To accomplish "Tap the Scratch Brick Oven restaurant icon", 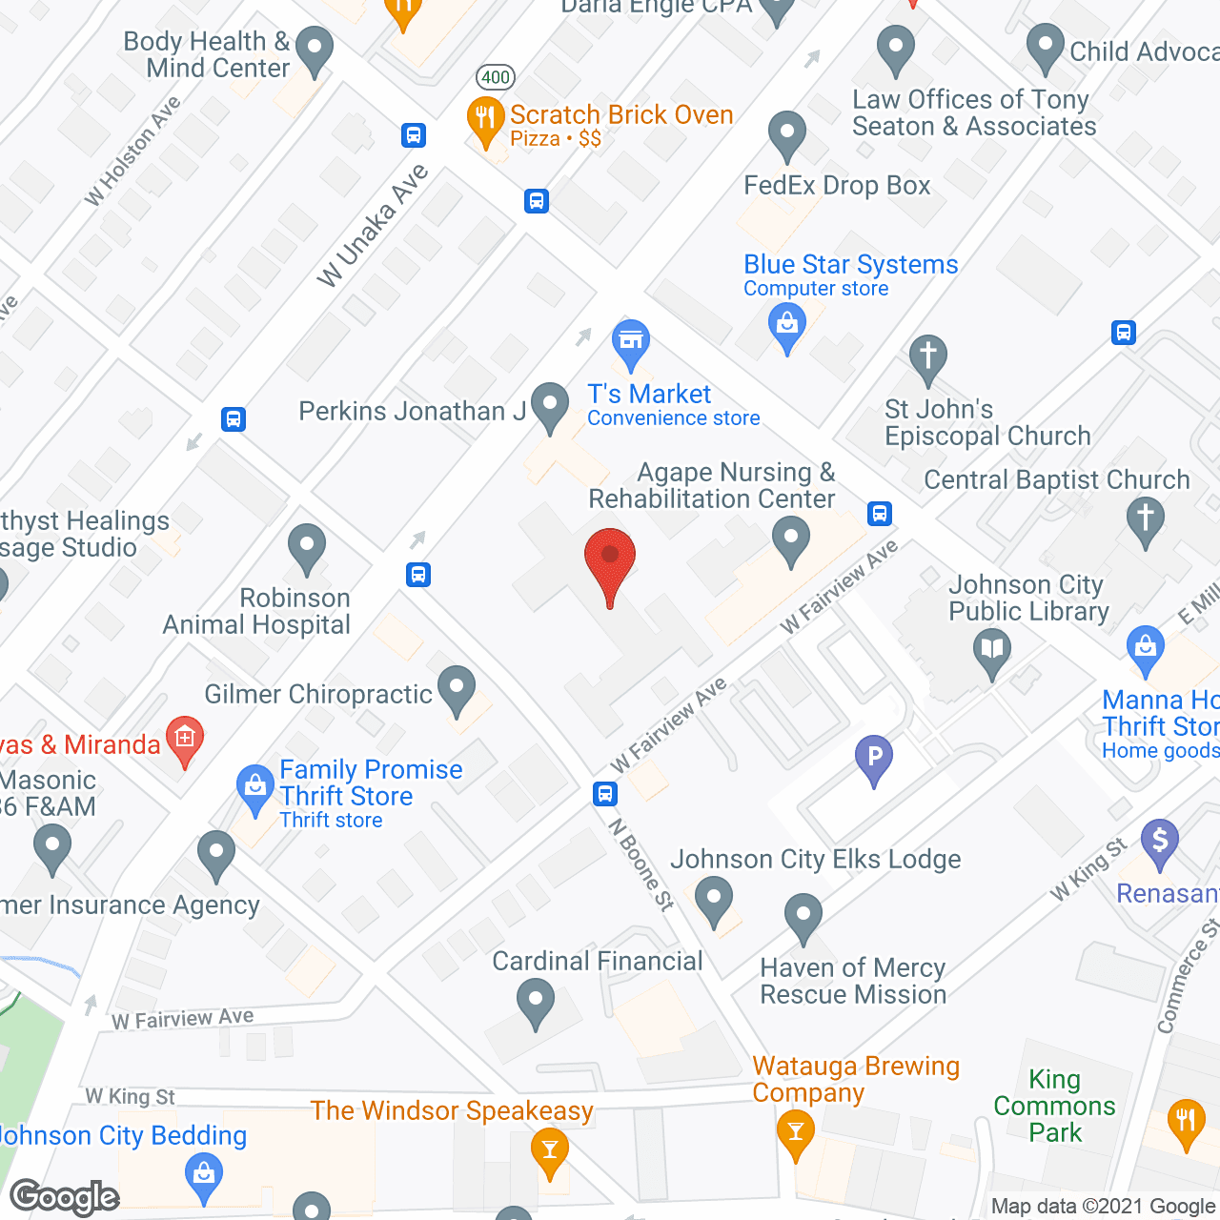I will [486, 119].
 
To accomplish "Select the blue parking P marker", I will [874, 759].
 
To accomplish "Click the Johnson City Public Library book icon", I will [992, 652].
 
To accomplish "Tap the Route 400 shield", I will [496, 77].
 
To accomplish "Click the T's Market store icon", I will [630, 341].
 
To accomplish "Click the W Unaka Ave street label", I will [373, 226].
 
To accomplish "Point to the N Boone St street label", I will [641, 864].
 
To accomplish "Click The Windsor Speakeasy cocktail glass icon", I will [549, 1149].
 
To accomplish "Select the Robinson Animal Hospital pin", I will [307, 547].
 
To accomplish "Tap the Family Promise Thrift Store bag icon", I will [255, 788].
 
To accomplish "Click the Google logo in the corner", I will [65, 1197].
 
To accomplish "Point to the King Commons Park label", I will [1054, 1106].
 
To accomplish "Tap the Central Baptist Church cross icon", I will [1146, 520].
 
